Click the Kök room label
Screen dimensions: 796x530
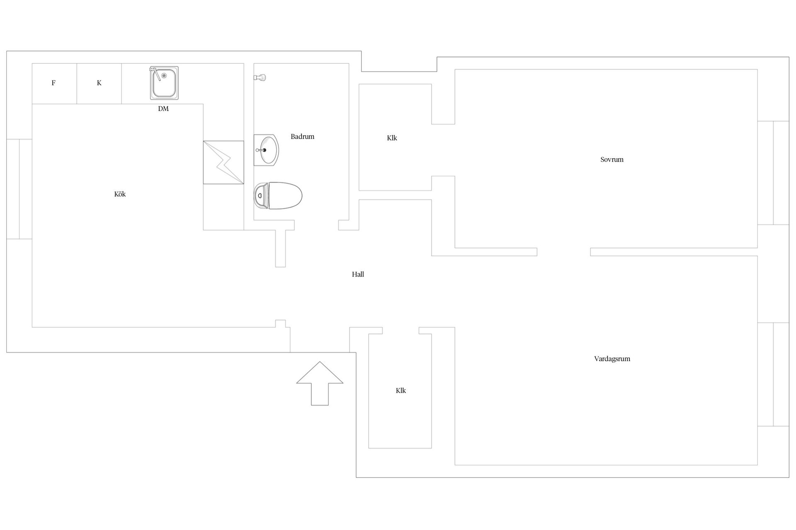pyautogui.click(x=120, y=194)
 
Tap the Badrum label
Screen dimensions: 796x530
pyautogui.click(x=302, y=136)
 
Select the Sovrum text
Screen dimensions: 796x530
pyautogui.click(x=612, y=159)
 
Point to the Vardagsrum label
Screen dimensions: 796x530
pyautogui.click(x=612, y=359)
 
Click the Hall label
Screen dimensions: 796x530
pyautogui.click(x=358, y=274)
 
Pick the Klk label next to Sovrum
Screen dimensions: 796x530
pyautogui.click(x=392, y=138)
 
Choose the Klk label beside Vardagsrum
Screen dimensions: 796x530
pyautogui.click(x=400, y=390)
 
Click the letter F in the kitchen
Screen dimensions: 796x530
pyautogui.click(x=53, y=83)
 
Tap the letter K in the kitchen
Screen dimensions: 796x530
pyautogui.click(x=99, y=83)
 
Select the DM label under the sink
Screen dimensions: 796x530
pyautogui.click(x=163, y=108)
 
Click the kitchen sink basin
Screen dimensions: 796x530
pyautogui.click(x=164, y=83)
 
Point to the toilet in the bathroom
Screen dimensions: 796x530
pyautogui.click(x=278, y=195)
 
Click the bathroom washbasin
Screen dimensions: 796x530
pyautogui.click(x=266, y=150)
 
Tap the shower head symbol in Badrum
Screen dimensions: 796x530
pyautogui.click(x=260, y=77)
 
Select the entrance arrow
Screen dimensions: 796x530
pyautogui.click(x=320, y=383)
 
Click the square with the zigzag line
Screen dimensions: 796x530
pyautogui.click(x=223, y=162)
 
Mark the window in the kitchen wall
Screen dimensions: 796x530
pyautogui.click(x=19, y=189)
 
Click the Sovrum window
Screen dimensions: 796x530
pyautogui.click(x=773, y=173)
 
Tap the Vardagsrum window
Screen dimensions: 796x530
pyautogui.click(x=773, y=374)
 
